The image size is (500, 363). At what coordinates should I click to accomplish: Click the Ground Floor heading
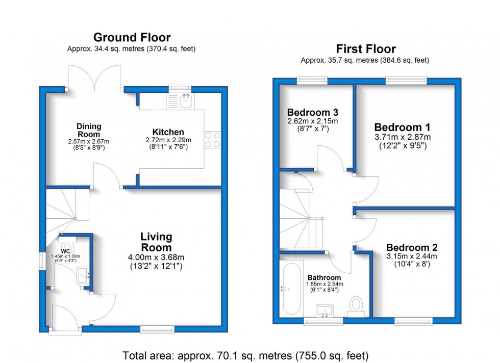(x=132, y=38)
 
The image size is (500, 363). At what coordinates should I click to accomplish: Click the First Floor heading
(x=366, y=49)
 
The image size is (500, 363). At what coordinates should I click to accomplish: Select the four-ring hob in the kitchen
(x=212, y=140)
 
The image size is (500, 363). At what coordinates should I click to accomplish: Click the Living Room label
(x=156, y=242)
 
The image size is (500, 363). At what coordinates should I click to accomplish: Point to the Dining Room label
(x=89, y=130)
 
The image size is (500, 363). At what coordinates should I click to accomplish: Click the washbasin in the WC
(x=84, y=275)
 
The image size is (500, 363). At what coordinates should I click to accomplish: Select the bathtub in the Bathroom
(x=291, y=289)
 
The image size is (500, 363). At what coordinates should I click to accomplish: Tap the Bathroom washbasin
(x=324, y=310)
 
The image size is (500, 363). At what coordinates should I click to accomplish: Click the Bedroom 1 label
(x=402, y=127)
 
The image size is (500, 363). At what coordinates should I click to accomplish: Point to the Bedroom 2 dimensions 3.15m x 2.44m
(x=412, y=256)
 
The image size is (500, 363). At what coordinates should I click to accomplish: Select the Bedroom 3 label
(x=312, y=112)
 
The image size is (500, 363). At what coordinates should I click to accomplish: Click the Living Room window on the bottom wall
(x=158, y=329)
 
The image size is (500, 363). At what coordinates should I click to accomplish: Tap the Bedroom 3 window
(x=312, y=81)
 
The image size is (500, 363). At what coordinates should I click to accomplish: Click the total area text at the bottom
(x=245, y=355)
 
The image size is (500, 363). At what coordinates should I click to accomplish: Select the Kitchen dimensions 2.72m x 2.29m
(x=168, y=140)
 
